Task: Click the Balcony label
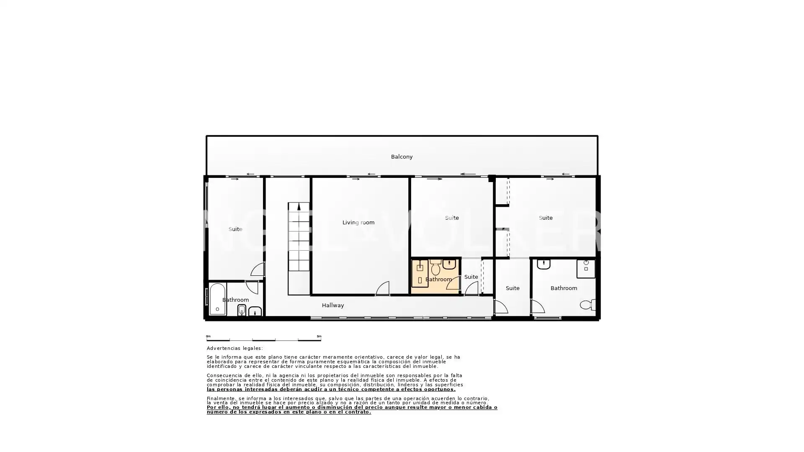402,157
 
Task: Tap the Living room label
358,223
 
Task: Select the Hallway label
333,306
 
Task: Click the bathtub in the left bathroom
217,299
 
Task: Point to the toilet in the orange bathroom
435,267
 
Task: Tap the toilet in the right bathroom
588,304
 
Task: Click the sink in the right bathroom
544,264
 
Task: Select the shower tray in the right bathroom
586,269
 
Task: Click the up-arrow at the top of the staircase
299,207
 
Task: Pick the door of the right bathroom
538,306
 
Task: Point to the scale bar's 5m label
319,336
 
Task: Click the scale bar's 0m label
209,336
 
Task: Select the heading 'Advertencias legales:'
235,348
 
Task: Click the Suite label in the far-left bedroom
235,229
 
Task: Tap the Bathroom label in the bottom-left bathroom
235,300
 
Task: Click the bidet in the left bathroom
242,310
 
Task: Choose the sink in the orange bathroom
449,264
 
